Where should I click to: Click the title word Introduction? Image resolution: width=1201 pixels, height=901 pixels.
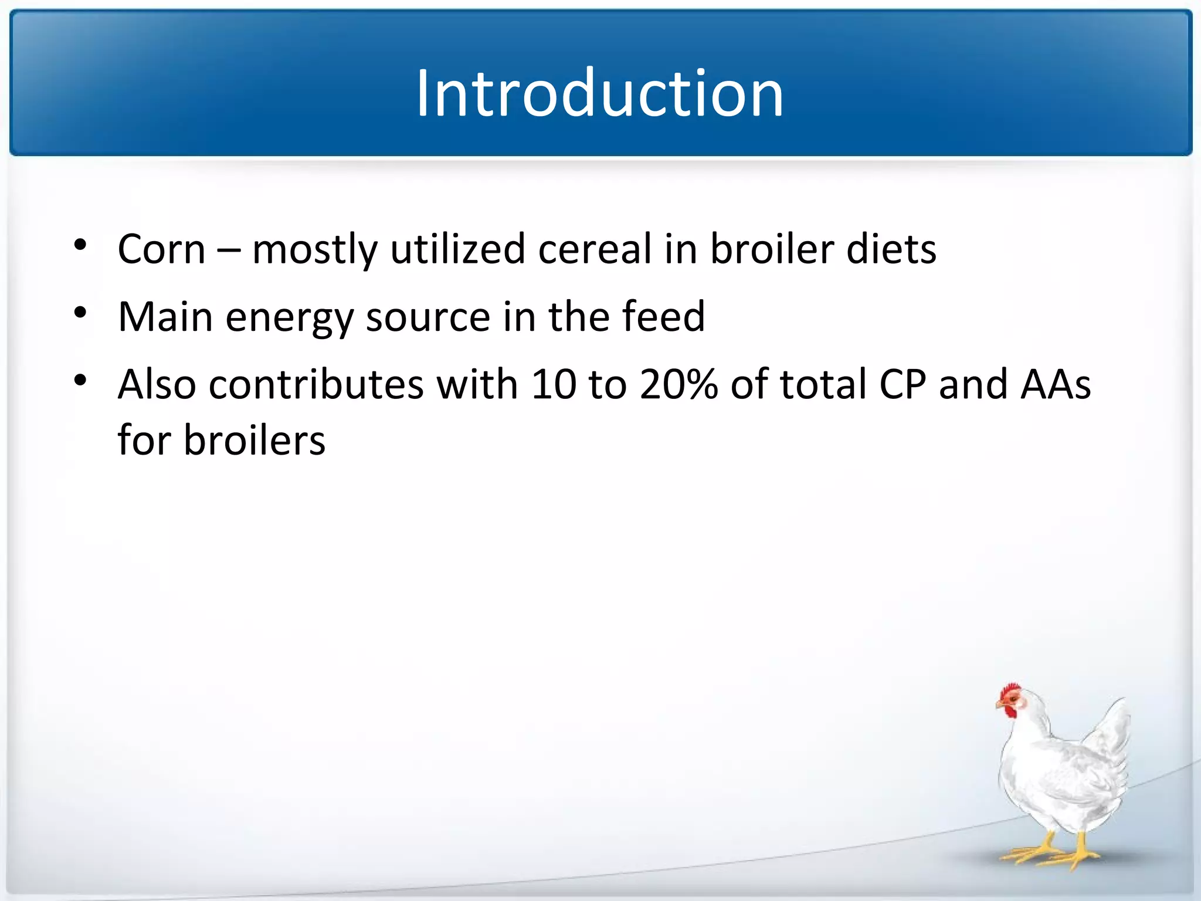tap(599, 94)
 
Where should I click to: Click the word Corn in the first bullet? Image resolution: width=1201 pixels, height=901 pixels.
tap(161, 249)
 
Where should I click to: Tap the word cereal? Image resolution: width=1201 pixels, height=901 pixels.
tap(595, 249)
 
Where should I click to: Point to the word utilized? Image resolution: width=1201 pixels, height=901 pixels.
tap(457, 249)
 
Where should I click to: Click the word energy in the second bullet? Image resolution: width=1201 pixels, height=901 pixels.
tap(289, 317)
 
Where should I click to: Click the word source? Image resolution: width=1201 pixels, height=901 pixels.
tap(428, 317)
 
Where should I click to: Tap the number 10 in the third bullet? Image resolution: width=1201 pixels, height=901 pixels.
tap(553, 385)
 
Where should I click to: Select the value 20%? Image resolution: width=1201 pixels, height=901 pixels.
tap(678, 385)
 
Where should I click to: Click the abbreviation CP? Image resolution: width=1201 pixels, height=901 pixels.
tap(903, 385)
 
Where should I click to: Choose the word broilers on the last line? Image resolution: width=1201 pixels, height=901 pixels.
tap(254, 440)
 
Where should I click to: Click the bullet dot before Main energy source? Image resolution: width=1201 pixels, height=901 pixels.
tap(80, 313)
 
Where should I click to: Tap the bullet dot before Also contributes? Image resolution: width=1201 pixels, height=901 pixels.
tap(80, 381)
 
